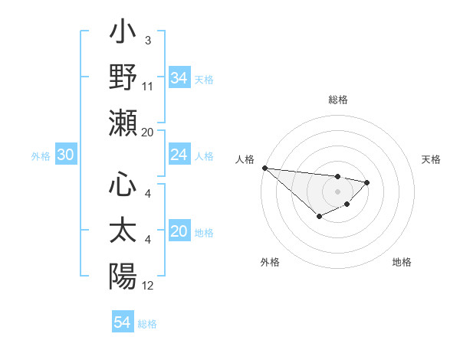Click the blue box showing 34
coord(179,77)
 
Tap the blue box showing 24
coord(179,155)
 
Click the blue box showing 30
coord(65,155)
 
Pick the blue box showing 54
coord(122,322)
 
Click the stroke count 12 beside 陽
coord(148,286)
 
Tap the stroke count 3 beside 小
coord(148,40)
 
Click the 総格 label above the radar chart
coord(337,100)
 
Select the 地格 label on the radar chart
coord(402,262)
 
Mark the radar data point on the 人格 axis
coord(264,168)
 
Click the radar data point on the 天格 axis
coord(367,182)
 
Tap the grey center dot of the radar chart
coord(337,191)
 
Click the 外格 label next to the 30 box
coord(41,156)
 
